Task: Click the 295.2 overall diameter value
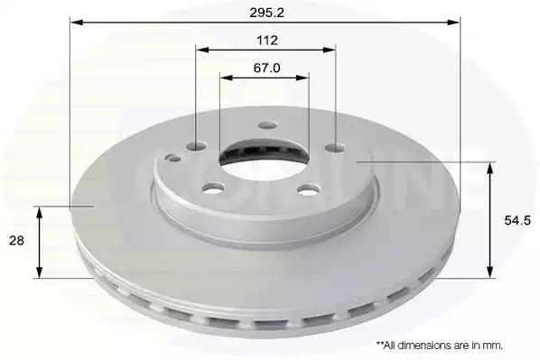click(267, 13)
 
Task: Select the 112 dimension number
click(267, 41)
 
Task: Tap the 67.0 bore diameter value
click(267, 68)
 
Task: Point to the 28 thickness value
click(16, 240)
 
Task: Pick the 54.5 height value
click(517, 220)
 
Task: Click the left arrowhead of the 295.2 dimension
click(77, 23)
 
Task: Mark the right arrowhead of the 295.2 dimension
click(453, 23)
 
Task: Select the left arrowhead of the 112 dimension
click(202, 50)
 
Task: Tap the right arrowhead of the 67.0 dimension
click(302, 78)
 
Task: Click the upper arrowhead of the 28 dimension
click(40, 213)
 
